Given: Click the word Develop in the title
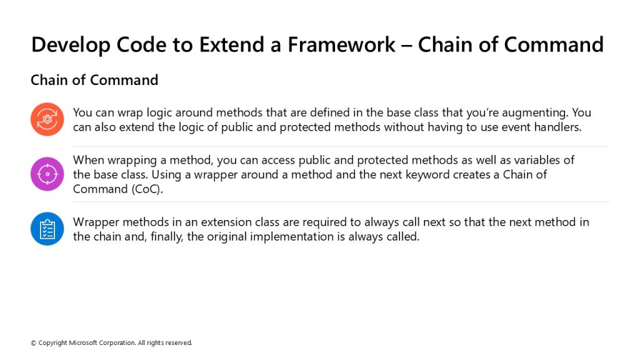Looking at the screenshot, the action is pyautogui.click(x=71, y=45).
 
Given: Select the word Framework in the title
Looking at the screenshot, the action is pyautogui.click(x=342, y=44).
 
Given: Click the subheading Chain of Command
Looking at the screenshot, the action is pyautogui.click(x=94, y=80).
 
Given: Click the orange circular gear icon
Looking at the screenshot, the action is pyautogui.click(x=47, y=119).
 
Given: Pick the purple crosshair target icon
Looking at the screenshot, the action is pyautogui.click(x=47, y=174).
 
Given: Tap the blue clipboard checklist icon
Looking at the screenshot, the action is pyautogui.click(x=47, y=229).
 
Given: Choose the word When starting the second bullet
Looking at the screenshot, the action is pyautogui.click(x=89, y=160).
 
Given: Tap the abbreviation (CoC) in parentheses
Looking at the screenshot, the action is pyautogui.click(x=147, y=189).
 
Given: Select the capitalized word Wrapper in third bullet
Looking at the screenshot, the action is pyautogui.click(x=96, y=222).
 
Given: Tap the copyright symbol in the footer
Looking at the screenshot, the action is pyautogui.click(x=34, y=343).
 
